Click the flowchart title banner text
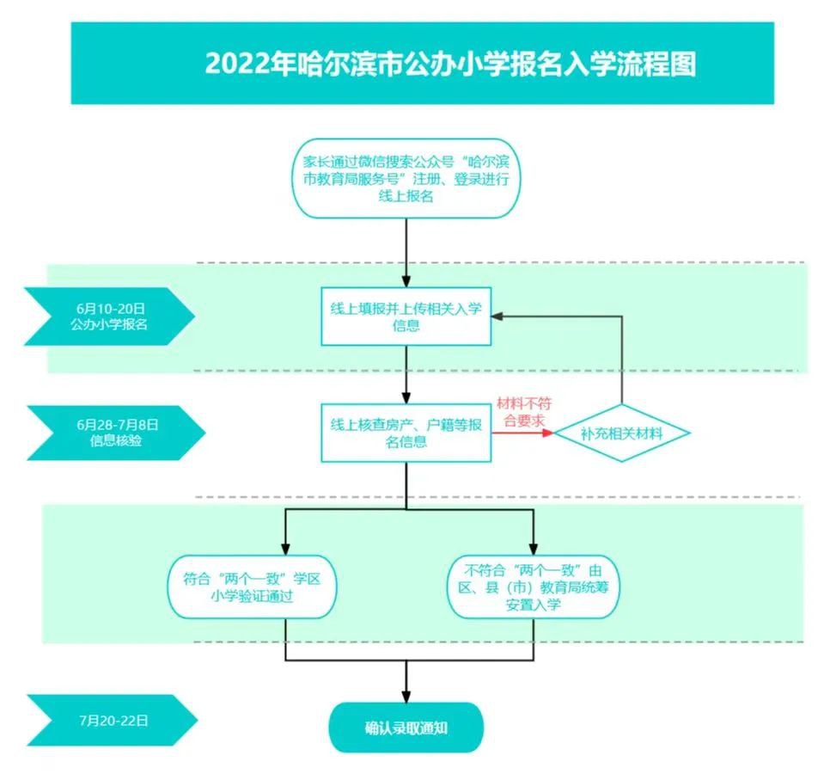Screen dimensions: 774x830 pyautogui.click(x=449, y=64)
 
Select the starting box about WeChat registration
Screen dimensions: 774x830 pyautogui.click(x=406, y=178)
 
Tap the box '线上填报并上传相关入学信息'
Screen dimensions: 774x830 pyautogui.click(x=406, y=316)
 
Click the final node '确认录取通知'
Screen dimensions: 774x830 pyautogui.click(x=406, y=728)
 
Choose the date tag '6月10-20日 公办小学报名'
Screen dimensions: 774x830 pyautogui.click(x=110, y=316)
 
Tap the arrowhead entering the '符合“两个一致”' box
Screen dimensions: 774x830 pyautogui.click(x=285, y=550)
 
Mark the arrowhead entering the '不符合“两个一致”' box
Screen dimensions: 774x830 pyautogui.click(x=534, y=550)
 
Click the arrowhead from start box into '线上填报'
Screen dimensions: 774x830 pyautogui.click(x=406, y=279)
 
